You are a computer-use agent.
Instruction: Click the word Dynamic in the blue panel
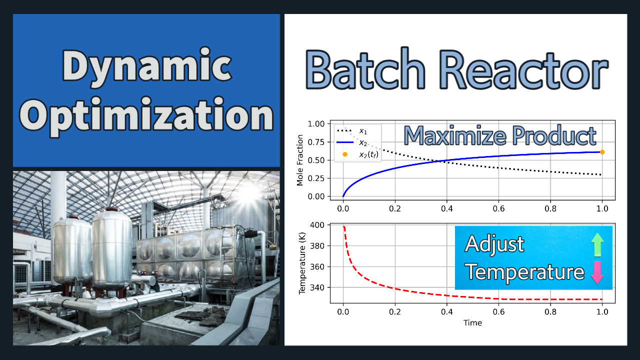click(147, 66)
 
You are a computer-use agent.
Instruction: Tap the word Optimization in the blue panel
click(146, 116)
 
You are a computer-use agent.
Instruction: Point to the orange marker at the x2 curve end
click(602, 152)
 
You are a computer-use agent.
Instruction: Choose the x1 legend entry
click(352, 131)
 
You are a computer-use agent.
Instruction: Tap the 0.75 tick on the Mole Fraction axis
click(316, 142)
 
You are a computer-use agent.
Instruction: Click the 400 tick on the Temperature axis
click(317, 225)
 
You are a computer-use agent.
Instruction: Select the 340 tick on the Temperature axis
click(317, 287)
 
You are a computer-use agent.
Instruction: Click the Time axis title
click(472, 323)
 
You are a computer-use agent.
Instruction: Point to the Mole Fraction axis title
click(299, 160)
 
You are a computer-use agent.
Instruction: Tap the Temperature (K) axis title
click(302, 263)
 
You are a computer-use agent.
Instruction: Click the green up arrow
click(597, 244)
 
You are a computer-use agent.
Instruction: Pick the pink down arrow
click(597, 272)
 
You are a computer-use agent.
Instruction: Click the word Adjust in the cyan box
click(494, 244)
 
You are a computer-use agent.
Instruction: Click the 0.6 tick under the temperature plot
click(498, 311)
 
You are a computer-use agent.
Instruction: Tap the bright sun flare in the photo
click(249, 195)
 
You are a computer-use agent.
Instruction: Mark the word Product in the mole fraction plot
click(554, 135)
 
